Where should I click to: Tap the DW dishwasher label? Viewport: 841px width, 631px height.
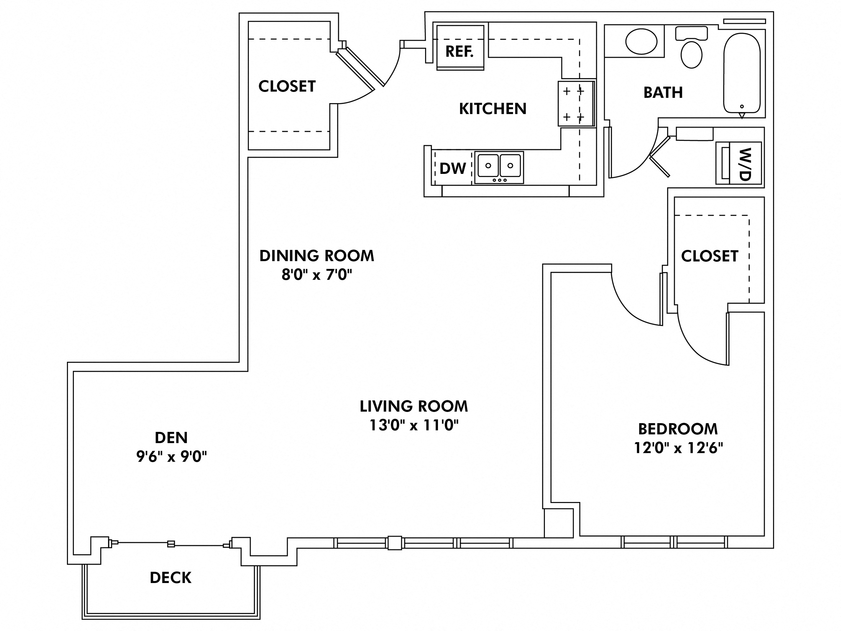pos(452,169)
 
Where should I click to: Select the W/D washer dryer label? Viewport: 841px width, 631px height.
pos(746,164)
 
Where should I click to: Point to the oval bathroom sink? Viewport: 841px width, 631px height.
pos(641,41)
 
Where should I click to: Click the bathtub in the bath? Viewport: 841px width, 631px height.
pos(742,73)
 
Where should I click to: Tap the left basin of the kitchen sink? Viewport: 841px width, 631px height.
pos(488,165)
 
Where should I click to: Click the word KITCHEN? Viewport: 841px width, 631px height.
pos(493,109)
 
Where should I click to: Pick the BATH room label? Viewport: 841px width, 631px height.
pos(663,93)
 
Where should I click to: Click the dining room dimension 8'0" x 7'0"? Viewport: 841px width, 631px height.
pos(317,274)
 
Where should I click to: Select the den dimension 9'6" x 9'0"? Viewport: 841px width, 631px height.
pos(171,456)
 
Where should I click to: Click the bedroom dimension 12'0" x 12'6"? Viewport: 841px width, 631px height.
pos(678,448)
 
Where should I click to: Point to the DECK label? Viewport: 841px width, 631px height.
pos(170,578)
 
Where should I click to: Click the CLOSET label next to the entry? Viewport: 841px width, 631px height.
pos(287,87)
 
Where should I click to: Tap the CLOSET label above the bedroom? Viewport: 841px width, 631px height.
pos(710,256)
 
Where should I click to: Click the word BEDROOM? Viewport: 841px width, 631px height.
pos(678,429)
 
